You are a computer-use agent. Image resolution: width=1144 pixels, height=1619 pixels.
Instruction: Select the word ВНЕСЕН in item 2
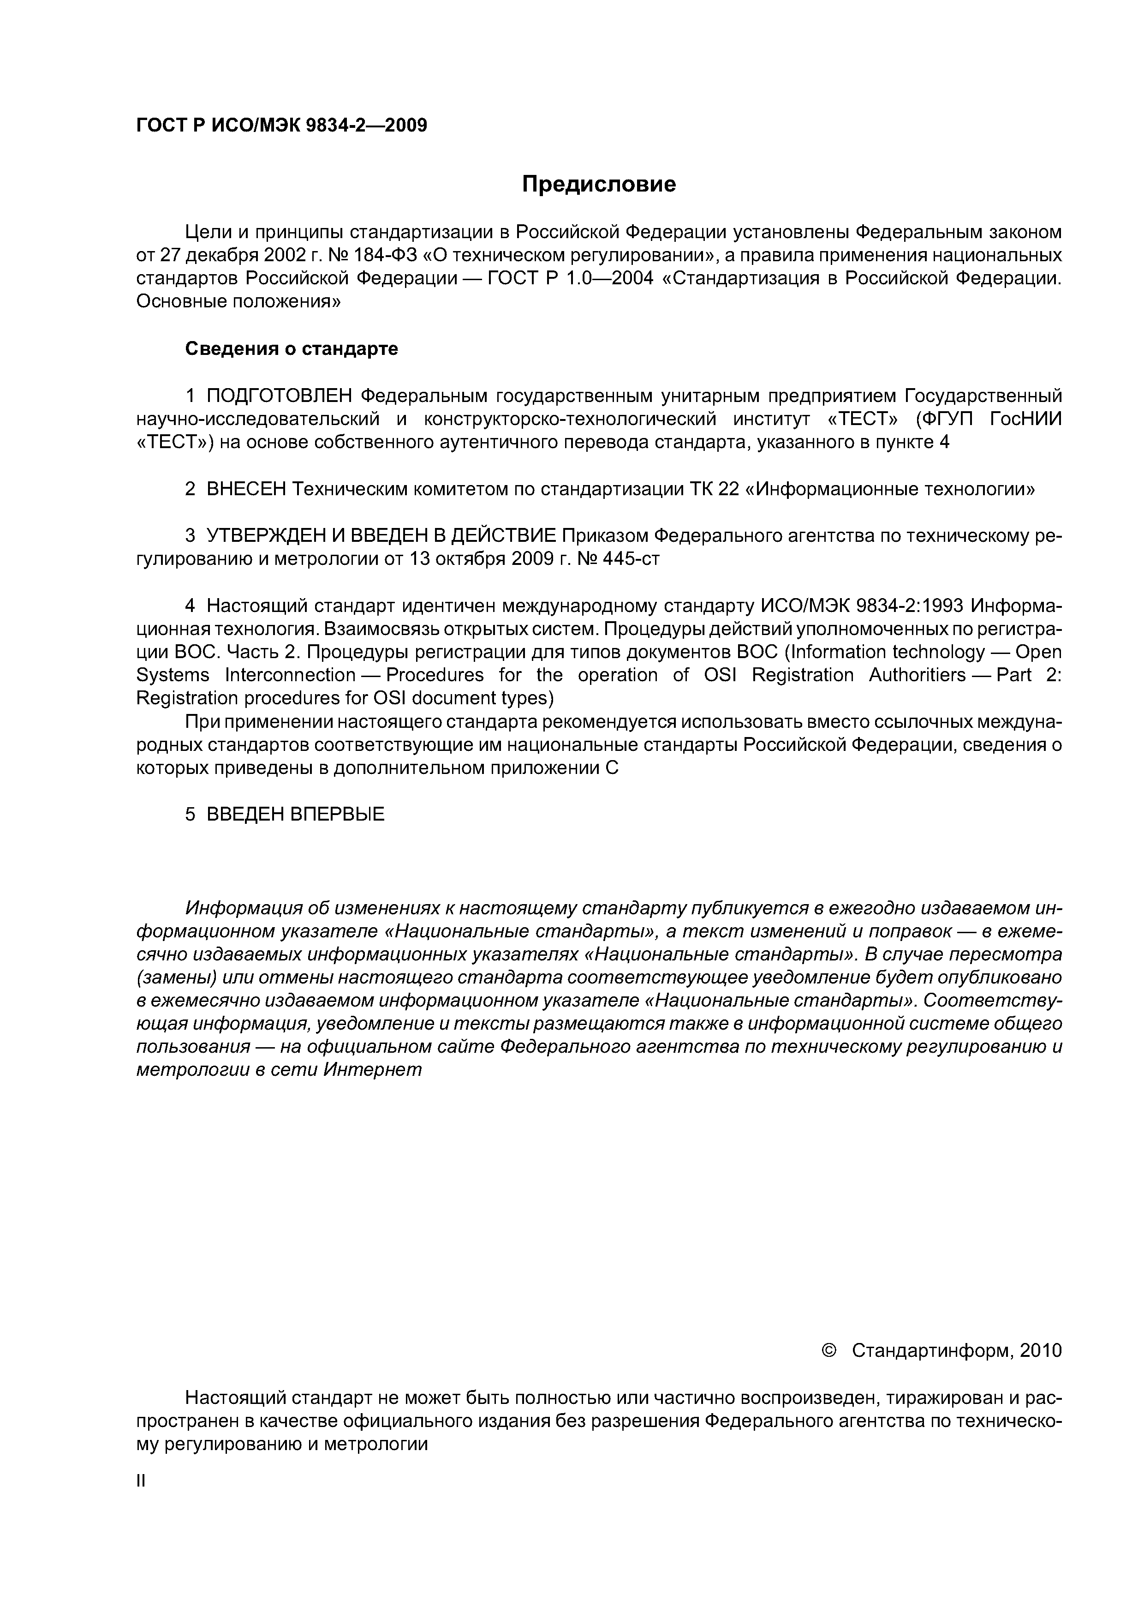click(x=246, y=489)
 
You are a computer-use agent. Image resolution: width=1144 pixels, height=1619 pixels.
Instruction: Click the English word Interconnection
click(x=290, y=676)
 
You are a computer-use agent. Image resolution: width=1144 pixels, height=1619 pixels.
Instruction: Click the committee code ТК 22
click(x=711, y=489)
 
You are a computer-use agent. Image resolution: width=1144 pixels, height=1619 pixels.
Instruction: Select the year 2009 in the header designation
click(x=406, y=126)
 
